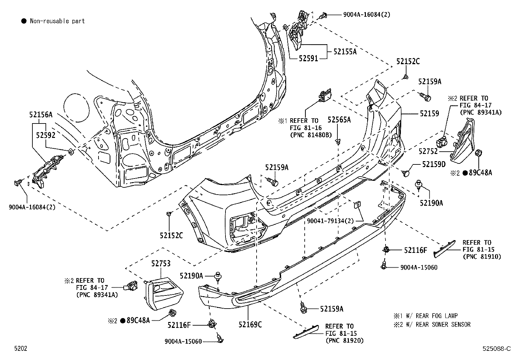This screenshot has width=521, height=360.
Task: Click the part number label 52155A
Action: point(345,51)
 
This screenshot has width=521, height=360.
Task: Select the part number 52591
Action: point(308,59)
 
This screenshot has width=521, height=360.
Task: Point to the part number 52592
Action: point(45,135)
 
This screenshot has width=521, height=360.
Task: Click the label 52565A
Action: point(339,120)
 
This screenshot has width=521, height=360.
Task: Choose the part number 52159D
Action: point(434,164)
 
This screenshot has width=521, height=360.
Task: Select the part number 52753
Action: point(161,263)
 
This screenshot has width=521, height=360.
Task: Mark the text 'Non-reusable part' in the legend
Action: point(57,21)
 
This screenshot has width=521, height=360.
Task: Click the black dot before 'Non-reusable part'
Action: point(24,21)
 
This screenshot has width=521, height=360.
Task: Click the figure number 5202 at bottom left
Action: point(20,349)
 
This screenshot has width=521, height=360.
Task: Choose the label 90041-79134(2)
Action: point(330,221)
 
